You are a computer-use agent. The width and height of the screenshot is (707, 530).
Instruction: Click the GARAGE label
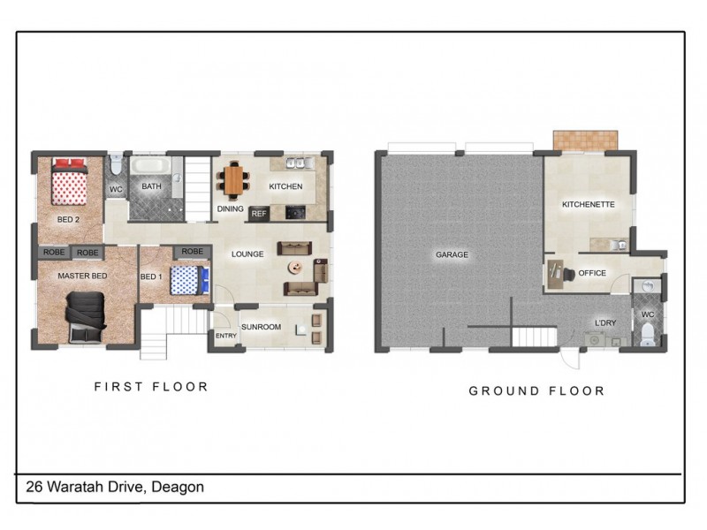(x=452, y=255)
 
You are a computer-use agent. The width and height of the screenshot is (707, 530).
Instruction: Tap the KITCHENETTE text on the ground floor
(x=588, y=205)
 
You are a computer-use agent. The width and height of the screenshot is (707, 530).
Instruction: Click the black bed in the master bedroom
(x=86, y=314)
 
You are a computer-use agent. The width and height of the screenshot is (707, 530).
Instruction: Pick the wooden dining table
(x=233, y=180)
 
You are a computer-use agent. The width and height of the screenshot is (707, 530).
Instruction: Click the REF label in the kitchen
(x=259, y=213)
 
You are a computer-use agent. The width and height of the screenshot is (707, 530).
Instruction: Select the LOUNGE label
(x=248, y=254)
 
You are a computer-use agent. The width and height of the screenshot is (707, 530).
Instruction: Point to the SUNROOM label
(x=261, y=327)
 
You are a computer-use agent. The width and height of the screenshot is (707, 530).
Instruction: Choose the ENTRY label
(x=226, y=336)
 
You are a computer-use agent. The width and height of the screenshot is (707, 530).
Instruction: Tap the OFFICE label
(x=592, y=273)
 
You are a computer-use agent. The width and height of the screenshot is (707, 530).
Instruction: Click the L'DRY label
(x=605, y=323)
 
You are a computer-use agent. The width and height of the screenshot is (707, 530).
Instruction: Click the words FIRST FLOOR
(x=151, y=386)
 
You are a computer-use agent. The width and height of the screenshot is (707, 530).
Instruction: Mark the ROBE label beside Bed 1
(x=192, y=252)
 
